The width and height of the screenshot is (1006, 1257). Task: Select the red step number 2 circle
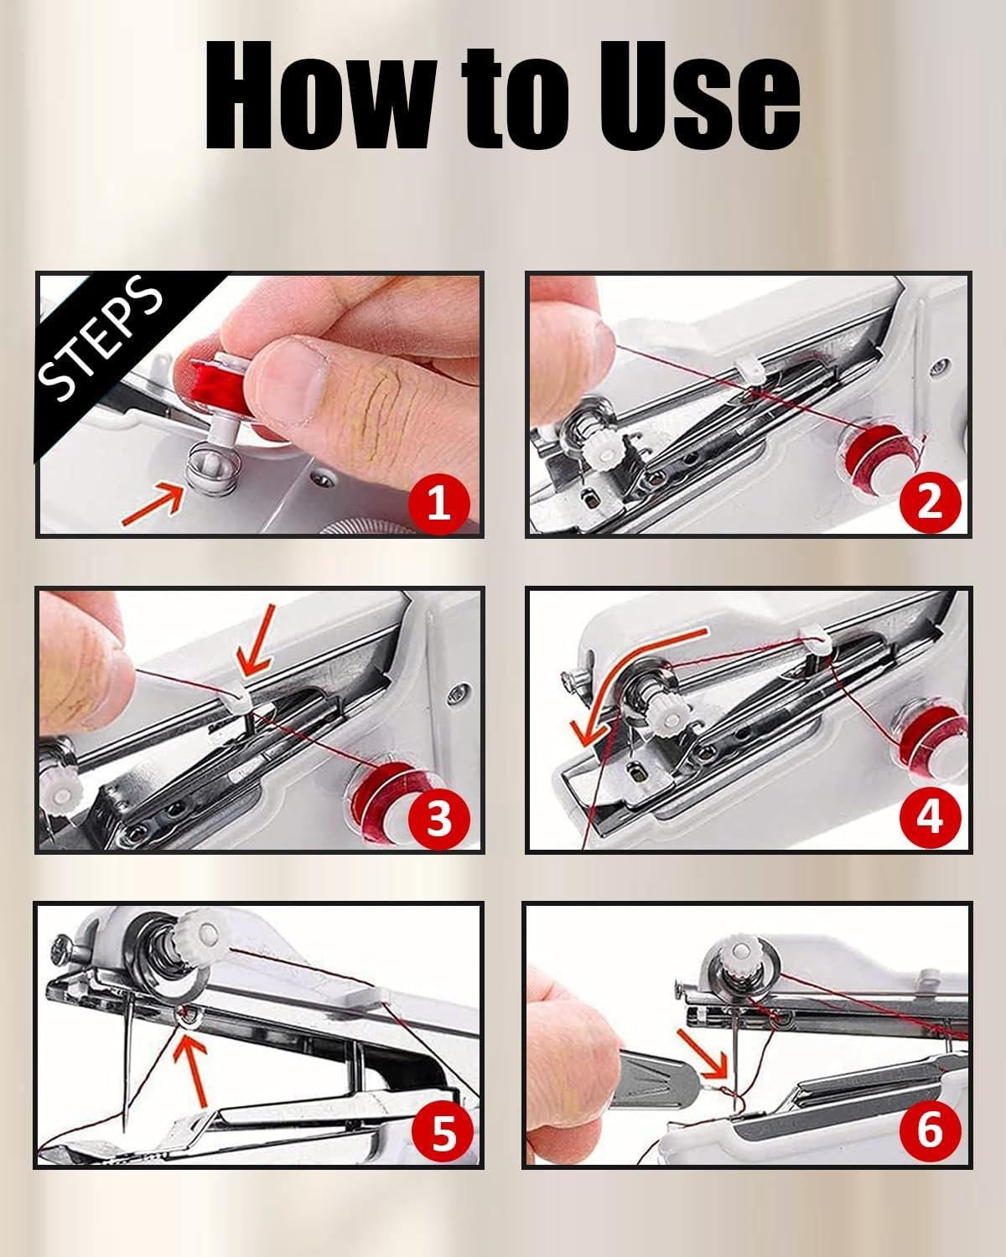click(930, 501)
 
